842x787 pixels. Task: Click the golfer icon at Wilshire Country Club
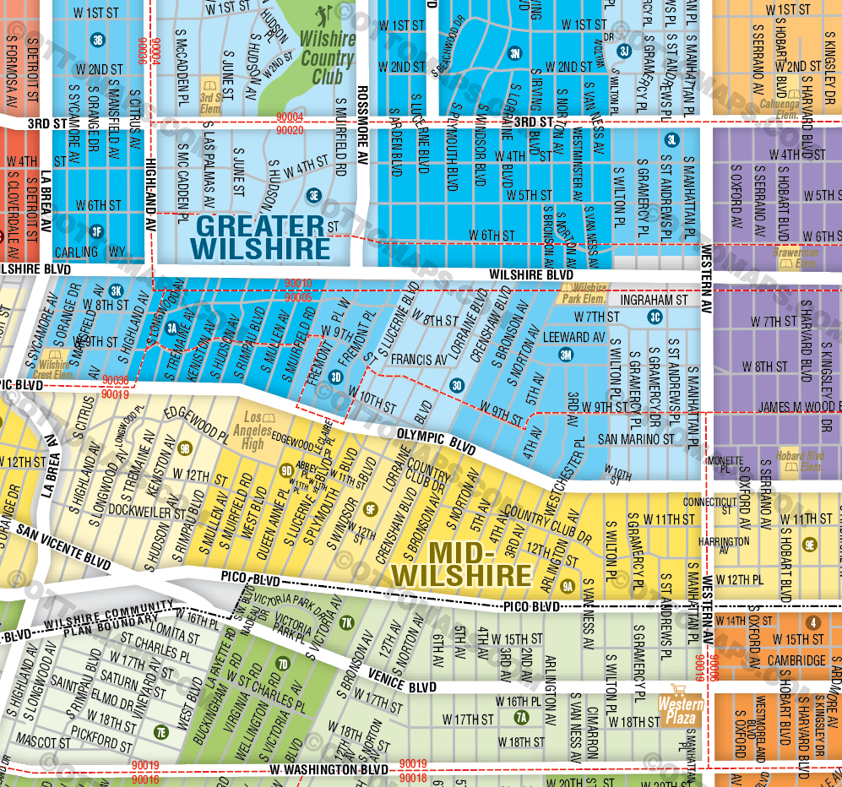[321, 17]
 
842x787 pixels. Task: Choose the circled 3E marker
[314, 194]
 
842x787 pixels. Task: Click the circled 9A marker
[568, 586]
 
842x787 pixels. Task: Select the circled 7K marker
[346, 623]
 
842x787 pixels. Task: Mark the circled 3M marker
[565, 355]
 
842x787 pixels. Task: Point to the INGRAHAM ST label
[654, 300]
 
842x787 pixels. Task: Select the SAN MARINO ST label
[636, 439]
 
